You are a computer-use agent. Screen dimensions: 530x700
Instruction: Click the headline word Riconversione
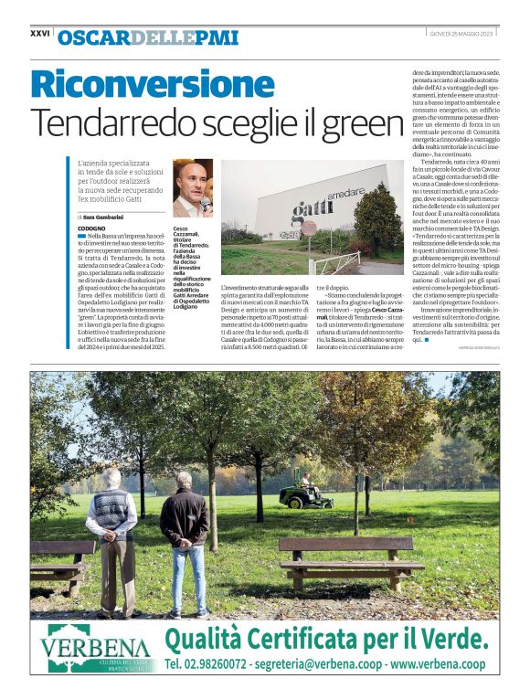coord(140,84)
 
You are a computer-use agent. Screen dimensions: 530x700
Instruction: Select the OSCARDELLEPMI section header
coord(147,37)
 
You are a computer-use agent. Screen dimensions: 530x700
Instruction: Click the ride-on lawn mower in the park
coord(306,494)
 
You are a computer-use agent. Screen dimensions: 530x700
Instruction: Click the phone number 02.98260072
coord(215,664)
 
